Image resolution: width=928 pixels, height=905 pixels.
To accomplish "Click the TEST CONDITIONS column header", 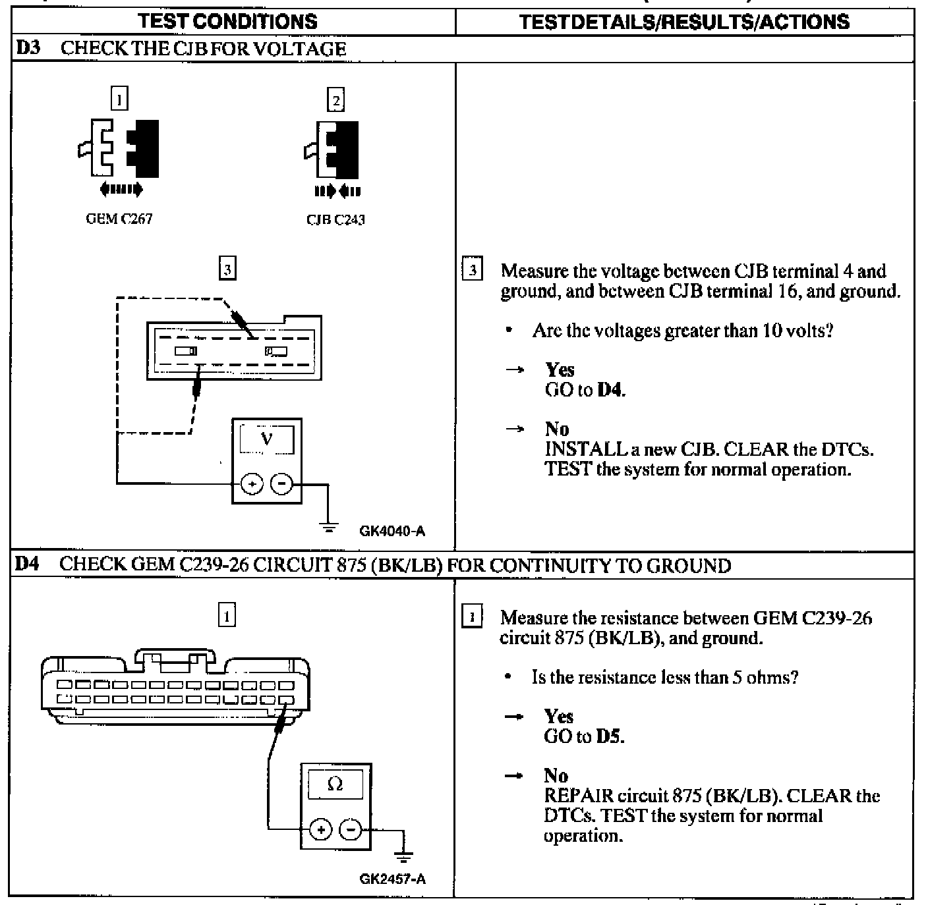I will [x=227, y=21].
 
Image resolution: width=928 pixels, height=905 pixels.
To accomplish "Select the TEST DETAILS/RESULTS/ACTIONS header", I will [x=684, y=22].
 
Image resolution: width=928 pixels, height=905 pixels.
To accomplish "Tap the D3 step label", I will [x=27, y=48].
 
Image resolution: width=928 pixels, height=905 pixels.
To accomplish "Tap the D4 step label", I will [x=27, y=564].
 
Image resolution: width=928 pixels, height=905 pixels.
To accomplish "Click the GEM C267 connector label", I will [x=119, y=219].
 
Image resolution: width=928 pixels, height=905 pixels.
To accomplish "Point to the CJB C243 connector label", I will [x=335, y=220].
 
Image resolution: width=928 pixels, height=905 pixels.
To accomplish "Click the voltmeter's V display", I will [x=266, y=439].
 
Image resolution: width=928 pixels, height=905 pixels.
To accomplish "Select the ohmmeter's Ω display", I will [x=335, y=784].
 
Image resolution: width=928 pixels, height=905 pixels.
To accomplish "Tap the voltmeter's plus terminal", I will [x=251, y=485].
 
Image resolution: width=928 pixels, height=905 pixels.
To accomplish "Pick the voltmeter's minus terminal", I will [x=282, y=485].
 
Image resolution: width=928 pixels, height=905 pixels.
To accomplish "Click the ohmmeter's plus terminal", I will [x=321, y=829].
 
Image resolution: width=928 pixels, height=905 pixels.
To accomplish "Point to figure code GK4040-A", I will [x=392, y=531].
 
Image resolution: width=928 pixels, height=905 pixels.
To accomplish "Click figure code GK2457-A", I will [x=392, y=879].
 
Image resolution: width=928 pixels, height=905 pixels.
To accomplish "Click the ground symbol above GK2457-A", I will [x=404, y=856].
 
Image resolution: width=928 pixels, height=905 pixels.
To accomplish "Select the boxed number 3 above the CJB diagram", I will [x=227, y=269].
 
